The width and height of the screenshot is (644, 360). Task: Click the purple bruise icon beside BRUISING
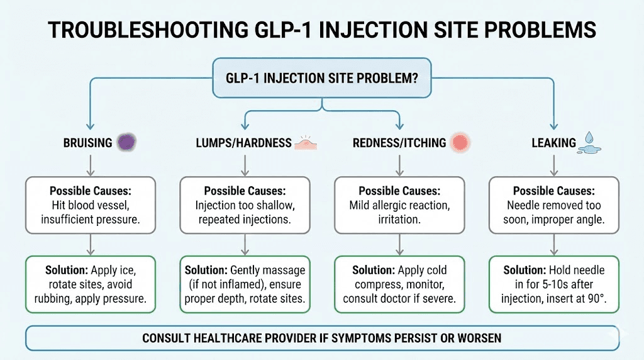(126, 143)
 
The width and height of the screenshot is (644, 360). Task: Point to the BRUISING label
(88, 143)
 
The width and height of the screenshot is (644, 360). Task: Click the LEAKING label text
(553, 143)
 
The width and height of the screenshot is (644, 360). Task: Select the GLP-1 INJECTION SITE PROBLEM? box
(322, 79)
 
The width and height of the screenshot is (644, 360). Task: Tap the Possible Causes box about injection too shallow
(244, 205)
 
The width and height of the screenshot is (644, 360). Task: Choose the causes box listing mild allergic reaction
(399, 205)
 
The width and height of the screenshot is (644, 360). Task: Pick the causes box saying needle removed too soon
(553, 205)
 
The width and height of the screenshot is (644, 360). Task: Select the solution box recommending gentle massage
(244, 284)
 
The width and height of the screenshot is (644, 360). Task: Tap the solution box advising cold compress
(399, 284)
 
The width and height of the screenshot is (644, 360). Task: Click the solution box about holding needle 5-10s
(553, 284)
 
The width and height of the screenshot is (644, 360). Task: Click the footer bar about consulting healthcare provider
(322, 338)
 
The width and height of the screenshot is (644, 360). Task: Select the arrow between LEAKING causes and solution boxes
(553, 244)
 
